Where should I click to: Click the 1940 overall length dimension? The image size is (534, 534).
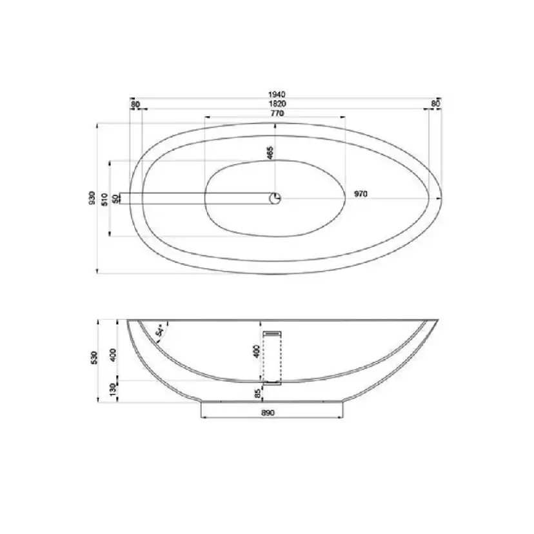click(277, 94)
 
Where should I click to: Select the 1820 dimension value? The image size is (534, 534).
click(277, 104)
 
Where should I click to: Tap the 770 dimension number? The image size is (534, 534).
click(277, 113)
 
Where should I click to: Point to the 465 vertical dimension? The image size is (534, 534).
click(270, 153)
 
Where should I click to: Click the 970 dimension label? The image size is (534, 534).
click(361, 193)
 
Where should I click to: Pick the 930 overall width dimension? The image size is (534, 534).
click(92, 198)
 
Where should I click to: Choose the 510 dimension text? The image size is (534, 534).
click(104, 199)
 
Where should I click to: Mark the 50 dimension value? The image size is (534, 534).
click(116, 199)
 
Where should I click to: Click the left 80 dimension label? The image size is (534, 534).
click(135, 104)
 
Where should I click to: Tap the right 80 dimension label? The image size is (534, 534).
click(435, 103)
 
